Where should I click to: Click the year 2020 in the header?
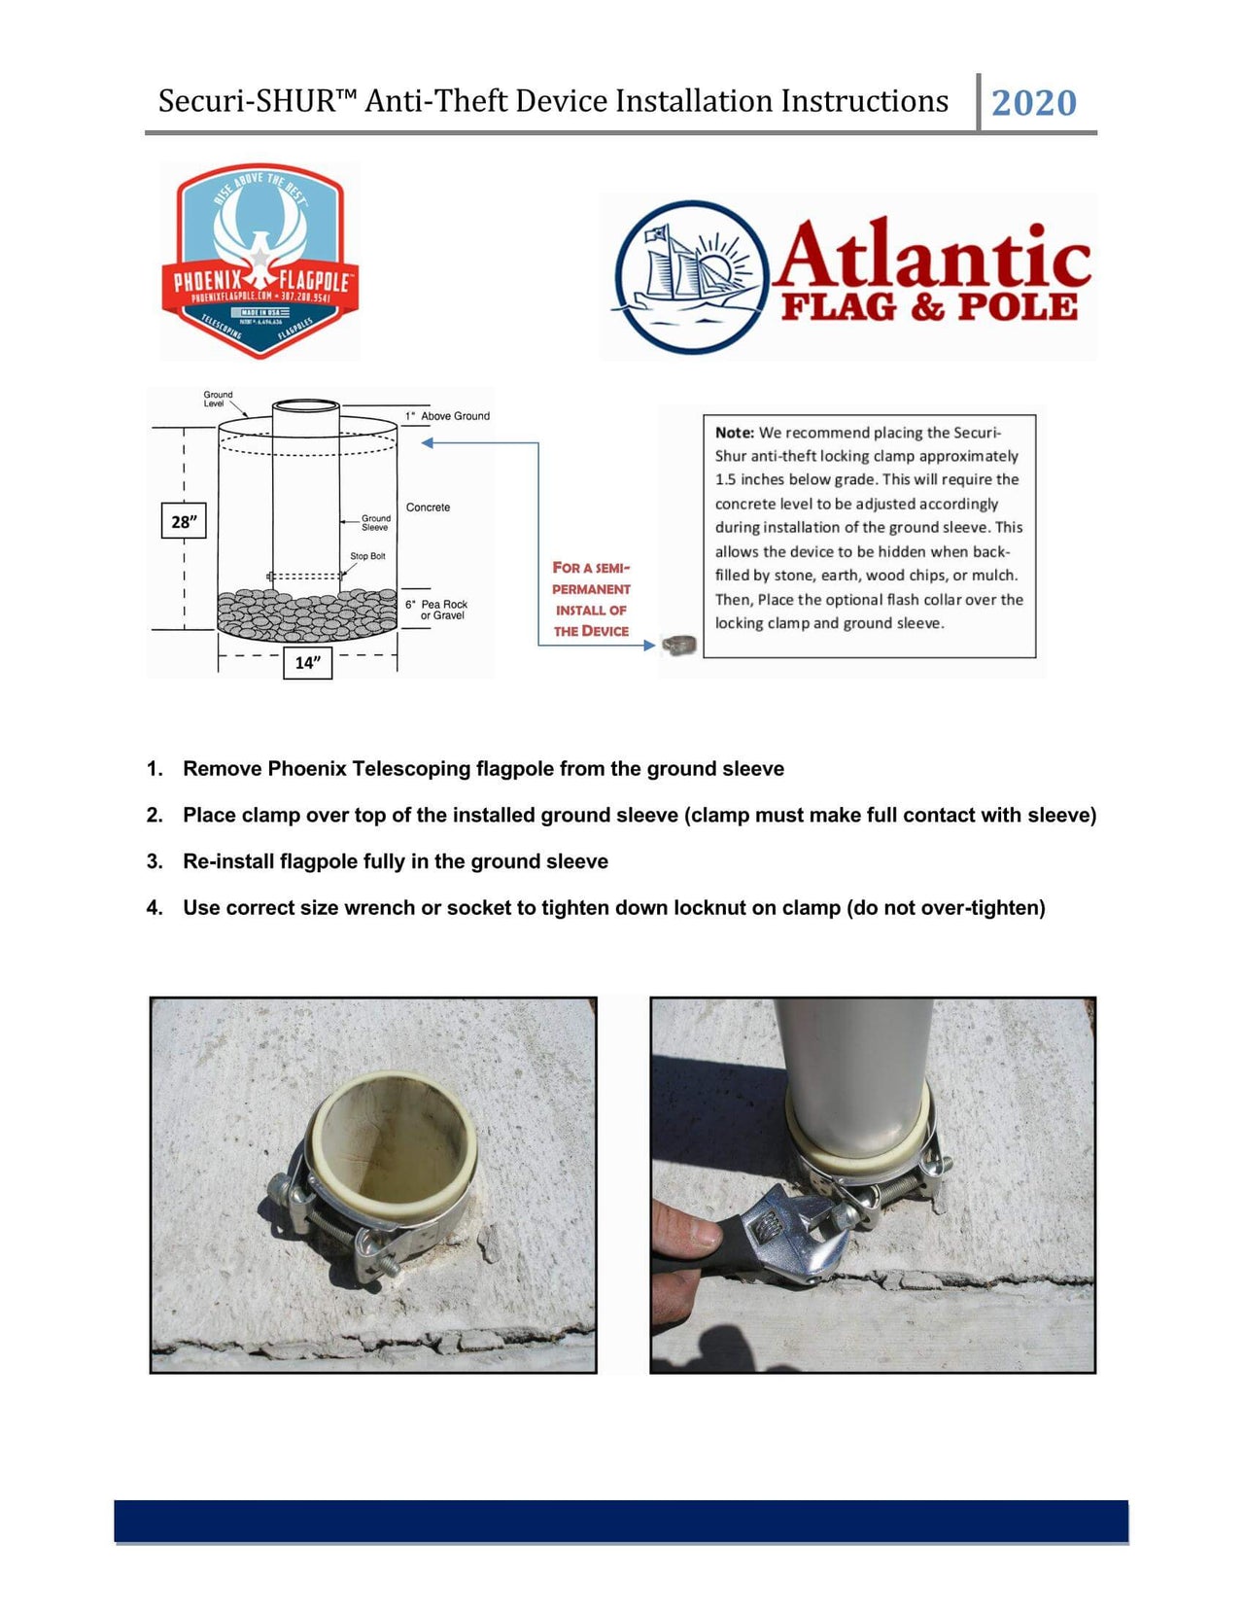1033,103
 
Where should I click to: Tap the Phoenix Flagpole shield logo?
259,261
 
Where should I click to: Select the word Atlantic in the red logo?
931,256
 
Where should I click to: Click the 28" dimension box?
183,522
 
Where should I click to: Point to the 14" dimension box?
307,663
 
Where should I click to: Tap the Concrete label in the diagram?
428,507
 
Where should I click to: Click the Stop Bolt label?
367,556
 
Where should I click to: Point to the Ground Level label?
218,399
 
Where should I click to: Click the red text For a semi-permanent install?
591,599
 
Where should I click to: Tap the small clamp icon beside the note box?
679,644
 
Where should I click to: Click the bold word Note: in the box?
735,433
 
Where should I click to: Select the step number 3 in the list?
155,861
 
